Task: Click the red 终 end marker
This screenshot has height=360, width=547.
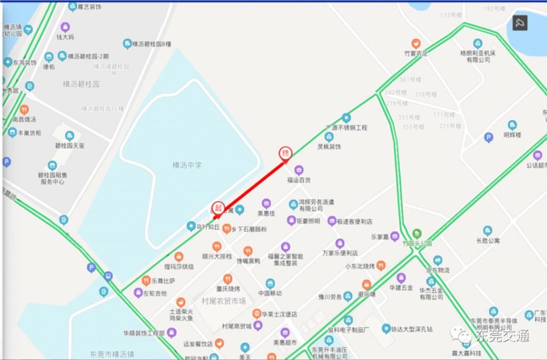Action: pyautogui.click(x=286, y=153)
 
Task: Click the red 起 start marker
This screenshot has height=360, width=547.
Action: pyautogui.click(x=218, y=208)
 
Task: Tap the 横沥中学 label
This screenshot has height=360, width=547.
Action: pyautogui.click(x=187, y=165)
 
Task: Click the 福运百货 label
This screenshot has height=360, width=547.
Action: pyautogui.click(x=299, y=181)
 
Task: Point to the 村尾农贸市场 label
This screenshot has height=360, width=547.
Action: pyautogui.click(x=224, y=301)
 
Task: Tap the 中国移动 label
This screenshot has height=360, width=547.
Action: pyautogui.click(x=270, y=293)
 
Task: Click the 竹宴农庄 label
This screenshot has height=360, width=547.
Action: pyautogui.click(x=416, y=53)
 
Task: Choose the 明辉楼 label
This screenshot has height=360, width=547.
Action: pyautogui.click(x=512, y=135)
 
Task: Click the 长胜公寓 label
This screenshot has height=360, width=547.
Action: pyautogui.click(x=488, y=241)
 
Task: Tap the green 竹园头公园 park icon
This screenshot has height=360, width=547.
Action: pyautogui.click(x=417, y=233)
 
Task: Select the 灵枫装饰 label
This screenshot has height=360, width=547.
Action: pyautogui.click(x=329, y=146)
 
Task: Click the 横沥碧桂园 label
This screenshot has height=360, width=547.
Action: pyautogui.click(x=81, y=84)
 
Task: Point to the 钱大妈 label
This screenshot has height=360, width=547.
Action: pyautogui.click(x=65, y=37)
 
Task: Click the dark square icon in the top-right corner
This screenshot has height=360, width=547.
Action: pyautogui.click(x=520, y=22)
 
